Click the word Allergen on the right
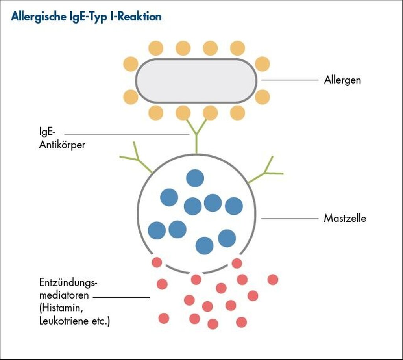pos(342,80)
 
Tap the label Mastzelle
pos(345,218)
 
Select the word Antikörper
pos(62,145)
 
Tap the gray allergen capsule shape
pos(196,81)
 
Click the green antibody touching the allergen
pos(196,136)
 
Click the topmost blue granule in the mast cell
pos(195,178)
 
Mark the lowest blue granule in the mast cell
pos(204,245)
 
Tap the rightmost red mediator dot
pos(273,280)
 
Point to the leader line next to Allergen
pos(289,80)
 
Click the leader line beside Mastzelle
pos(289,218)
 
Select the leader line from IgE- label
pos(126,134)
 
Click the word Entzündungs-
pos(68,283)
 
